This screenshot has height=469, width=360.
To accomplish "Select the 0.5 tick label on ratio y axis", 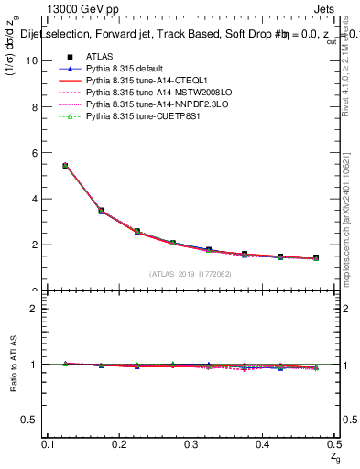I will tap(31, 420).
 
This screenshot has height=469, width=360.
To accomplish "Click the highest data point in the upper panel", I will tap(65, 166).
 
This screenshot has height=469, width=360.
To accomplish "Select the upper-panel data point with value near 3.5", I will tap(101, 211).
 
